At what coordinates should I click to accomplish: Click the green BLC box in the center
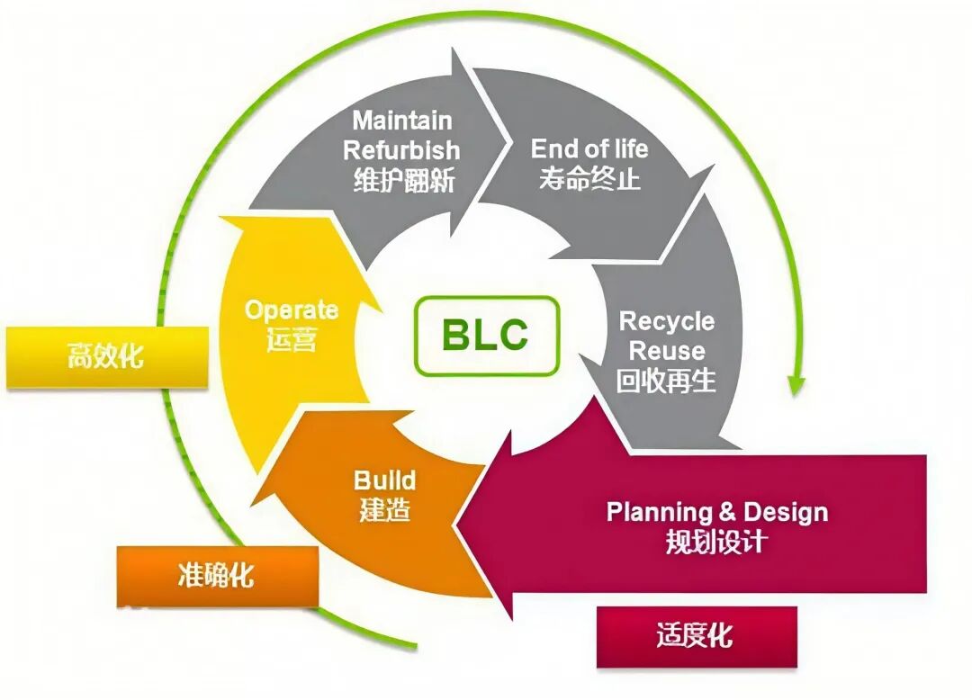(486, 336)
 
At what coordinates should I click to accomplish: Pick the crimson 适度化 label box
(696, 637)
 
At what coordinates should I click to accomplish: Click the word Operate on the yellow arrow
(291, 310)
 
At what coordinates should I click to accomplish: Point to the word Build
(384, 480)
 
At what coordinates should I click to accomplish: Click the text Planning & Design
(716, 513)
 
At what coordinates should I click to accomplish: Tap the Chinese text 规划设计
(716, 543)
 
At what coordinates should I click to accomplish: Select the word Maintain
(401, 121)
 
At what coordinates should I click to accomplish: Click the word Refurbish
(401, 149)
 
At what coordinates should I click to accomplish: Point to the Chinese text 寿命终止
(589, 178)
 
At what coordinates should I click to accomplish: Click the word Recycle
(667, 321)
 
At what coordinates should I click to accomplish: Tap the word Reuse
(667, 350)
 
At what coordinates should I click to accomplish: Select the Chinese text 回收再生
(667, 381)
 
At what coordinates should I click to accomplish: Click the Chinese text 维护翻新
(403, 180)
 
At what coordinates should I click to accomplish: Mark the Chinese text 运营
(291, 340)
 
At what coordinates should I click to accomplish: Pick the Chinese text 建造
(384, 510)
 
